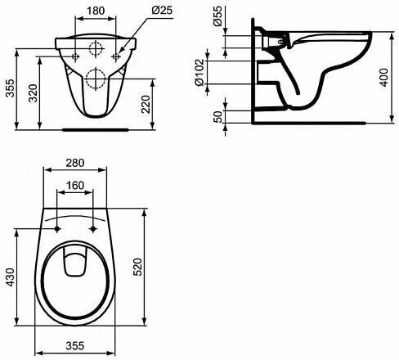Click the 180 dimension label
click(x=96, y=11)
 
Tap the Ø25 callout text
click(x=162, y=10)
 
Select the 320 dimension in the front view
click(x=34, y=93)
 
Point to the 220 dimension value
click(x=146, y=104)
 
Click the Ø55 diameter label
click(x=218, y=16)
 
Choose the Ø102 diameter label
click(x=199, y=72)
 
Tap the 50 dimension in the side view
click(x=217, y=117)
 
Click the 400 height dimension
click(x=383, y=78)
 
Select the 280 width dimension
click(x=75, y=163)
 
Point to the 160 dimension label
click(x=75, y=186)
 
